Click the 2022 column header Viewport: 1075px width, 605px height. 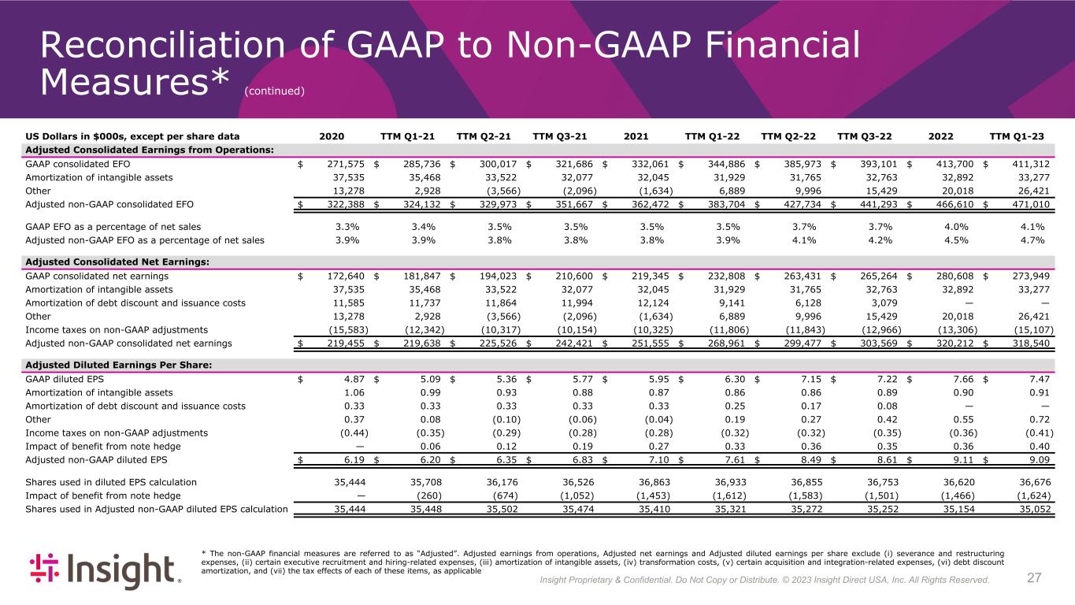click(x=941, y=135)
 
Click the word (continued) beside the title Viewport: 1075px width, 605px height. click(x=274, y=91)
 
